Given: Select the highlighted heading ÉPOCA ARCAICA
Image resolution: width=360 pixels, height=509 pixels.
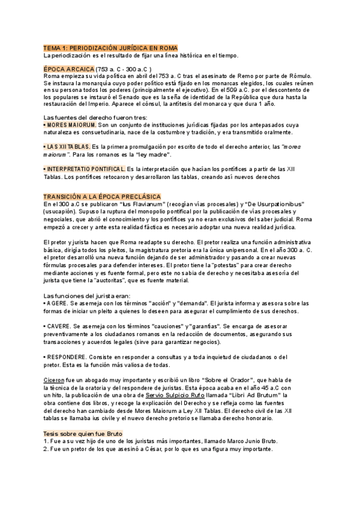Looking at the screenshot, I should coord(68,69).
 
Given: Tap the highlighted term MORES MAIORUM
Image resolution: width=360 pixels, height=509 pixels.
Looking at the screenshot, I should coord(71,124).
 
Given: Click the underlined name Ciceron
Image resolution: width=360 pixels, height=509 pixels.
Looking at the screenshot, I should coord(56,380).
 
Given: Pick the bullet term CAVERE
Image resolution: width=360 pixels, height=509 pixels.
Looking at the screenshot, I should coord(59,325).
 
